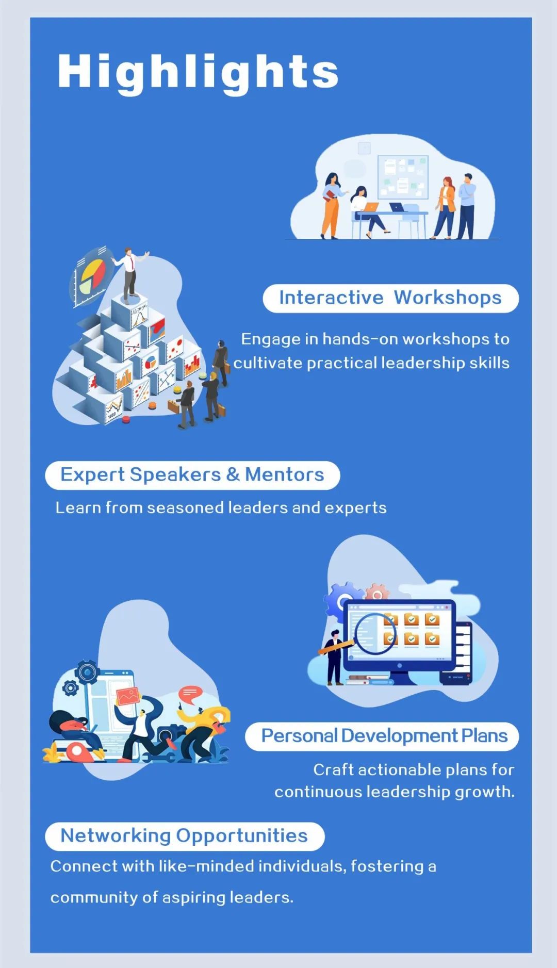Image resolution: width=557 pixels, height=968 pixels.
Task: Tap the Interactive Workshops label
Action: [390, 298]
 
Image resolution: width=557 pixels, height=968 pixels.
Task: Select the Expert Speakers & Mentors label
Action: [192, 475]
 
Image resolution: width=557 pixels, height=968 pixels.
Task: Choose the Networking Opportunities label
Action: [185, 836]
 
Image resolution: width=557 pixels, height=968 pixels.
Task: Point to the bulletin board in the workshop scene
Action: [403, 177]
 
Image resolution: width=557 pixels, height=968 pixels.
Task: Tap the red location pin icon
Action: [77, 752]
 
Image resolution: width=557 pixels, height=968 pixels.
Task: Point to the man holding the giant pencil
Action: [335, 657]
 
